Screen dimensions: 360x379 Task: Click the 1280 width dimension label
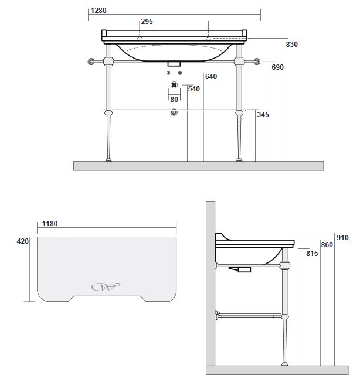99,11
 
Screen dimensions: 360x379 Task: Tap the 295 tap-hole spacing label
147,22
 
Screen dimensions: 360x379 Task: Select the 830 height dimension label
291,45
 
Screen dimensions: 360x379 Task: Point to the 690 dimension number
277,67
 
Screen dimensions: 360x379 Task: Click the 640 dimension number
211,77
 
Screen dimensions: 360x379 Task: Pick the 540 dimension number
194,89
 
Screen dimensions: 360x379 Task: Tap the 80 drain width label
174,100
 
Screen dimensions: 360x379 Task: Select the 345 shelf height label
263,115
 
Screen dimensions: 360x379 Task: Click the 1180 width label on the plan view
50,224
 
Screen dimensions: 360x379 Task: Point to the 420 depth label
23,241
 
